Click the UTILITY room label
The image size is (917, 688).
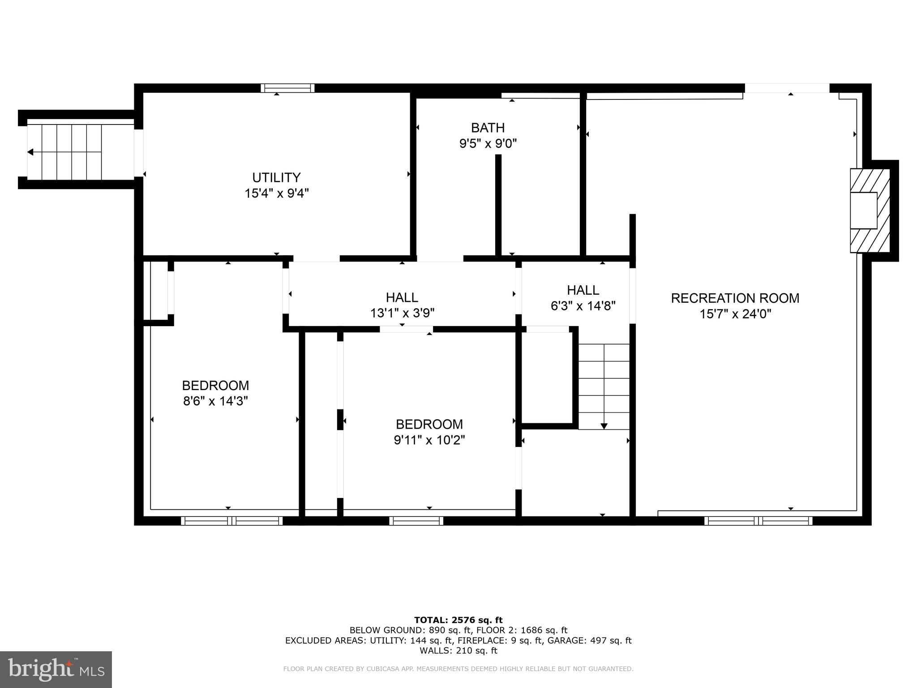tap(276, 177)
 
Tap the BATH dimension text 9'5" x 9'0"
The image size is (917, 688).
tap(488, 144)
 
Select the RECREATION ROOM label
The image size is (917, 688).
tap(735, 298)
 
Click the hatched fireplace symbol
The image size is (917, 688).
tap(870, 211)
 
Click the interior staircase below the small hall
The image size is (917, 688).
tap(604, 386)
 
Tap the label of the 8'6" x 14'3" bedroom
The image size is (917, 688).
tap(215, 385)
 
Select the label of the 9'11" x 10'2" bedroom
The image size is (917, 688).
tap(429, 424)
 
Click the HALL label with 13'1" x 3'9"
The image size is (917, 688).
tap(402, 297)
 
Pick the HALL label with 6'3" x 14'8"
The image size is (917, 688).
tap(583, 290)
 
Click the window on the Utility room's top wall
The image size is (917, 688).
tap(287, 88)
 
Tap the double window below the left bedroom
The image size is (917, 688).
tap(231, 520)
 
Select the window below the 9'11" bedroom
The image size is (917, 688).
tap(416, 520)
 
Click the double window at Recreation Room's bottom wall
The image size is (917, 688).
tap(758, 520)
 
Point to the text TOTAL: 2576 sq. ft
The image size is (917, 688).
tap(458, 620)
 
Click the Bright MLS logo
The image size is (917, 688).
tap(56, 669)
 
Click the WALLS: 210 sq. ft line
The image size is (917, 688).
tap(458, 651)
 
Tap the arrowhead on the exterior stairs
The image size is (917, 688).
tap(30, 152)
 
